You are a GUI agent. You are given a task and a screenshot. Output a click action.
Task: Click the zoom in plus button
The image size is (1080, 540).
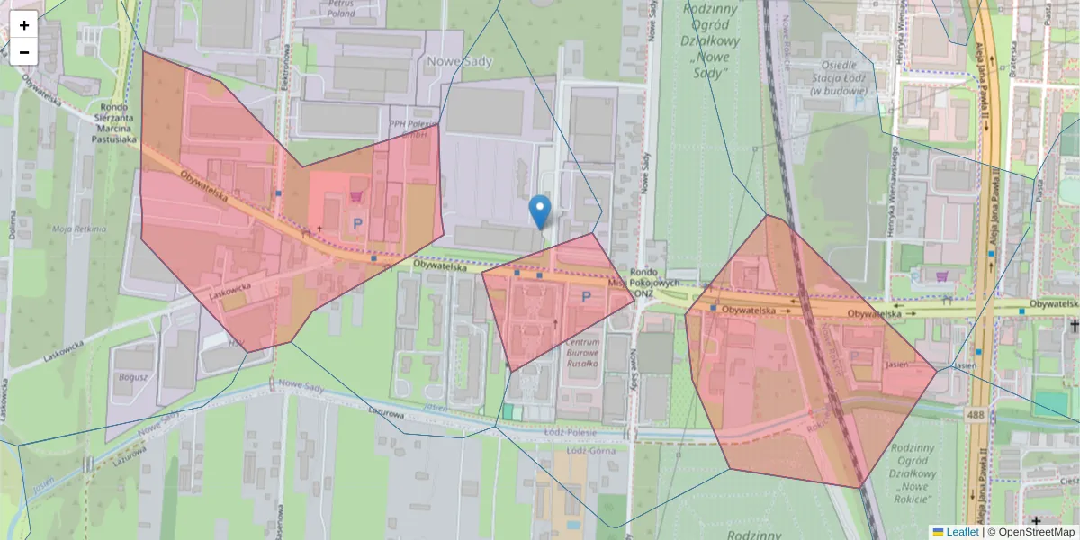coord(24,25)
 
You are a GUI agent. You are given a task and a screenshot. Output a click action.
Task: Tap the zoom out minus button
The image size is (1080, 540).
coord(24,52)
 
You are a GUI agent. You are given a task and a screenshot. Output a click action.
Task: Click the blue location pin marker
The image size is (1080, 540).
coord(540,212)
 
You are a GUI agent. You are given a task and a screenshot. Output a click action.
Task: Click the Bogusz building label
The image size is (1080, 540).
coord(132,377)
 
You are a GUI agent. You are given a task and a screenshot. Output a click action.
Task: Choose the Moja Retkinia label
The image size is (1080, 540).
coord(79,229)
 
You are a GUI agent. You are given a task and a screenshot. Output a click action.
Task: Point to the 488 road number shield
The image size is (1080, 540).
coord(976,414)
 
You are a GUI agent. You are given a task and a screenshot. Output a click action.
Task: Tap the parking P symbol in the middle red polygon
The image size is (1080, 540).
coord(587,296)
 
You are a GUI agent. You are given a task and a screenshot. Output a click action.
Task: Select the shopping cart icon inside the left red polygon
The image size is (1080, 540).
coord(356,194)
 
